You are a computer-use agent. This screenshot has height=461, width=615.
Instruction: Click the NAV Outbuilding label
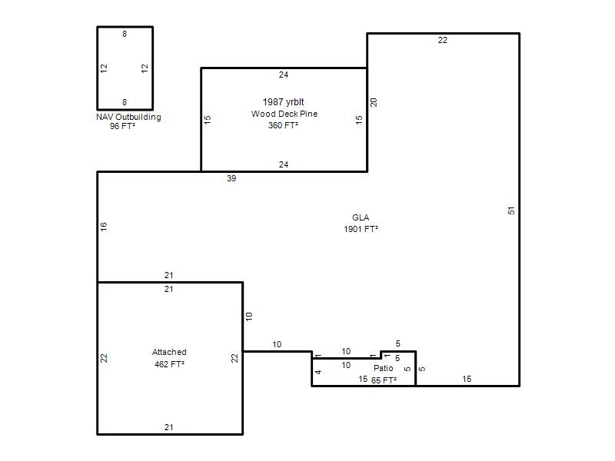pos(128,117)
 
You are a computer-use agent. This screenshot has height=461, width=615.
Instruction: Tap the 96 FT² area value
pos(122,126)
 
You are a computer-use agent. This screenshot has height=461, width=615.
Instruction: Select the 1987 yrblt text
pos(283,102)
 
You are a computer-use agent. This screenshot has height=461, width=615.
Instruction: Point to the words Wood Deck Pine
pos(284,114)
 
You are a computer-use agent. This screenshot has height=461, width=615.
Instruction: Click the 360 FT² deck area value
pos(283,125)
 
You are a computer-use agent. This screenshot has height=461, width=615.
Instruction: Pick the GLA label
pos(361,217)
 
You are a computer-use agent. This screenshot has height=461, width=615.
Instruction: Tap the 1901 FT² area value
pos(361,229)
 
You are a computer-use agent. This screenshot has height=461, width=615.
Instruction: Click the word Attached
pos(169,352)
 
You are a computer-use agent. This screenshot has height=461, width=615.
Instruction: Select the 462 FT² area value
pos(169,364)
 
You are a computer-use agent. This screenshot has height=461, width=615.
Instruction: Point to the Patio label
pos(383,368)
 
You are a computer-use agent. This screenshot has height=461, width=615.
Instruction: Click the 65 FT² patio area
pos(384,380)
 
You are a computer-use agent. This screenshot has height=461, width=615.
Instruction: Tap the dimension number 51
pos(511,211)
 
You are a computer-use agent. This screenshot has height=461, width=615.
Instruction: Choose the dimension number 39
pos(231,178)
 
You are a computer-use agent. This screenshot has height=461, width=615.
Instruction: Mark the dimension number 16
pos(104,226)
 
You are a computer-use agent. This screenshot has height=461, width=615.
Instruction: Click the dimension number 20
pos(374,102)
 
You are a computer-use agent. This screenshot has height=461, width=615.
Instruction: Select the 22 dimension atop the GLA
pos(443,40)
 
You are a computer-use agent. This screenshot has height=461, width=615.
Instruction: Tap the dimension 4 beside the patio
pos(318,372)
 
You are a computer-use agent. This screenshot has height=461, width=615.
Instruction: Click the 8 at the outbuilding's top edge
pos(125,34)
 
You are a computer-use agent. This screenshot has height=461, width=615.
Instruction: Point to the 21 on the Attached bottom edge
pos(168,427)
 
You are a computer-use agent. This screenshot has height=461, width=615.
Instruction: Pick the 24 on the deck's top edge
pos(284,75)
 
